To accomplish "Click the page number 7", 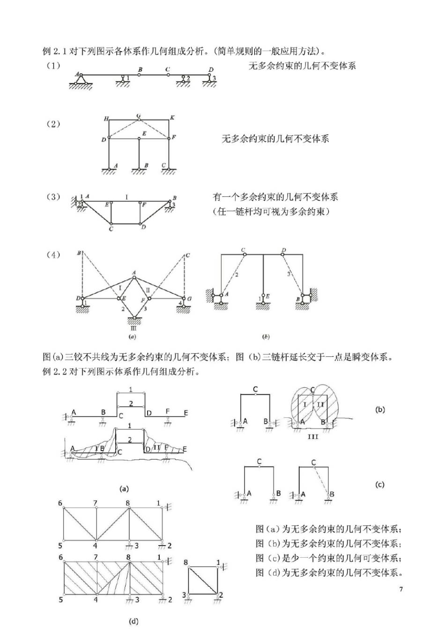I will click(x=401, y=589).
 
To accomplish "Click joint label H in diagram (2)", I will click(x=106, y=119).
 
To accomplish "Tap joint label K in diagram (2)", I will click(x=172, y=118).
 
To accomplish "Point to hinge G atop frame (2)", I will click(x=139, y=119).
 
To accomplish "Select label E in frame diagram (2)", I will click(x=144, y=133).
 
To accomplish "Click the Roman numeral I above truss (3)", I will click(x=126, y=197).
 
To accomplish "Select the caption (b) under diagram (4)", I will click(x=266, y=336).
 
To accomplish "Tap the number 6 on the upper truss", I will click(x=60, y=503).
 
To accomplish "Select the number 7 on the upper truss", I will click(x=95, y=503).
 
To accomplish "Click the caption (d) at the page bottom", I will click(x=133, y=621).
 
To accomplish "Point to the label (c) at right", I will click(x=380, y=484).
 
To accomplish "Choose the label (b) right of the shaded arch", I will click(x=380, y=409).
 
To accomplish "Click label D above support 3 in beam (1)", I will click(x=211, y=70).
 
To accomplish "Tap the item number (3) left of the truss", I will click(x=53, y=197).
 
